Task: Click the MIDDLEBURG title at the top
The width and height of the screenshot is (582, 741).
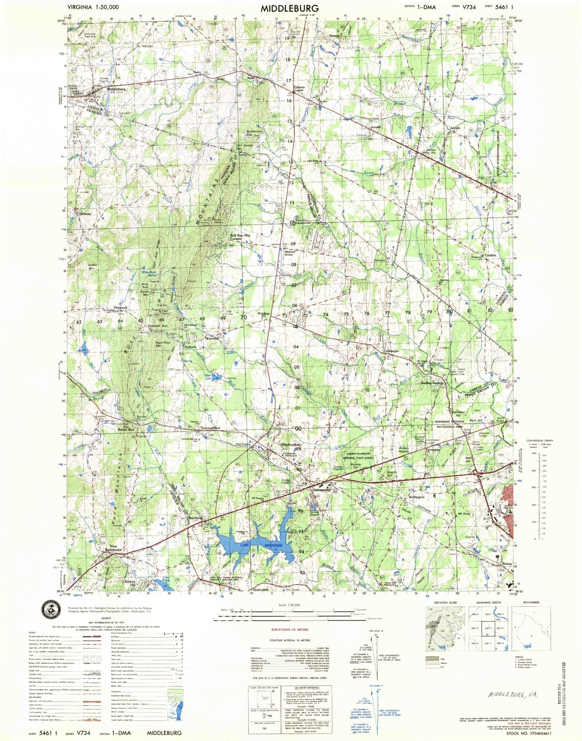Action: (x=290, y=8)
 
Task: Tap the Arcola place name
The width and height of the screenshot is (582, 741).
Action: (x=455, y=128)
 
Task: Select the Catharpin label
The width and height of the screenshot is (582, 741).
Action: (x=391, y=352)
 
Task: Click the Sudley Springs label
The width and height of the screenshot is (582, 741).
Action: (x=432, y=383)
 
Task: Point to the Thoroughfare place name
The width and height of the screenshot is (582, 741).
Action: (x=210, y=428)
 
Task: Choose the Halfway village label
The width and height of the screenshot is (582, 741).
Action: (x=84, y=214)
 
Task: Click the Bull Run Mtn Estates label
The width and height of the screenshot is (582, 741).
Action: (x=240, y=237)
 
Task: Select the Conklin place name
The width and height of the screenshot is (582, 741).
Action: (x=490, y=255)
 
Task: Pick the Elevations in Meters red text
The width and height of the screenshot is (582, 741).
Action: (x=290, y=629)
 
